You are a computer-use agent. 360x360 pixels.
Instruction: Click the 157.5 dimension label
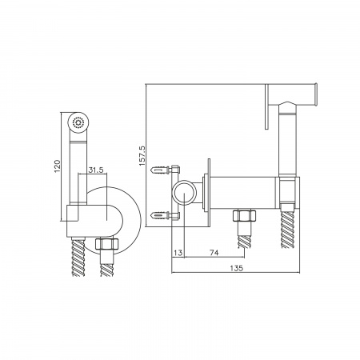click(142, 155)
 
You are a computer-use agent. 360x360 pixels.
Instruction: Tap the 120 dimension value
click(58, 166)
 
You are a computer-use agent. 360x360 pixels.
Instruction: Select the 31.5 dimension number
click(96, 170)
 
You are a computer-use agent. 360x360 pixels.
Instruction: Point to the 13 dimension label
click(178, 252)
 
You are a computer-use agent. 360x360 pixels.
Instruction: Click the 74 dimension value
click(214, 252)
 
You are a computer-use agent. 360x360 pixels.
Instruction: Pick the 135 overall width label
click(237, 268)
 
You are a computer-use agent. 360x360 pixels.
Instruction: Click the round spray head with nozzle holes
click(78, 122)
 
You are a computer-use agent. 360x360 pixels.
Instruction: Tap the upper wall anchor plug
click(160, 170)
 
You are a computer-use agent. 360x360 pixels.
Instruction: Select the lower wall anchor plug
click(160, 214)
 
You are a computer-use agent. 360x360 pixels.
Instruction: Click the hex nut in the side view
click(244, 215)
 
